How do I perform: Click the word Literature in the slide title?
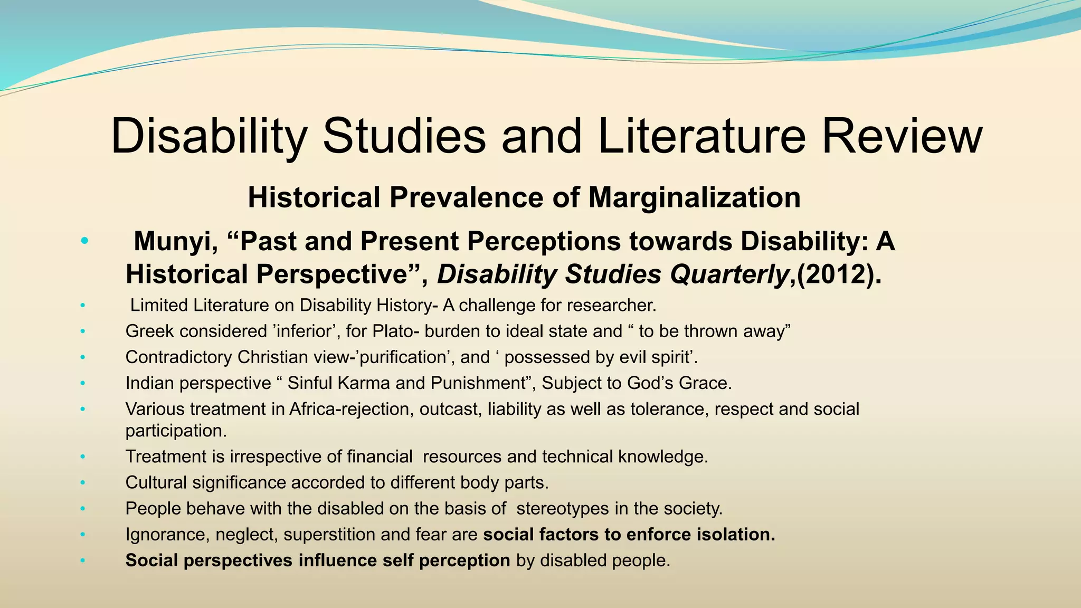[702, 136]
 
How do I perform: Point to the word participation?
[176, 431]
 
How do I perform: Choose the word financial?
[380, 457]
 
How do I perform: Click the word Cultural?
[156, 482]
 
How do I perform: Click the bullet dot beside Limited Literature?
[82, 306]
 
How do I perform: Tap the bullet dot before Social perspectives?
[82, 560]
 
